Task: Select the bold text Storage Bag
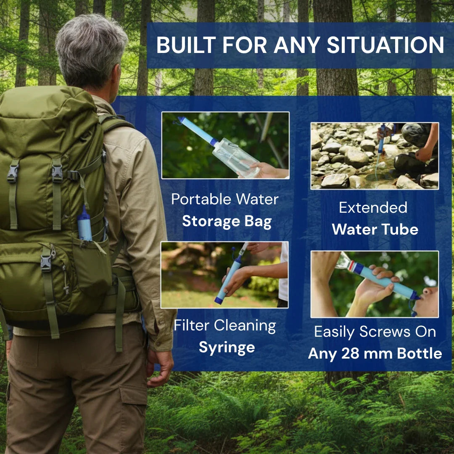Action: coord(227,222)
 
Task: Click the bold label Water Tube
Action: coord(375,230)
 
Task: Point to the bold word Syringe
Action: coord(227,347)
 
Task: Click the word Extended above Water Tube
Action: coord(373,207)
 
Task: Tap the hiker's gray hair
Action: coord(90,46)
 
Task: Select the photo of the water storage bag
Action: coord(225,145)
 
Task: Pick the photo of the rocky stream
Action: coord(375,156)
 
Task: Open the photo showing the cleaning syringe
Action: coord(224,275)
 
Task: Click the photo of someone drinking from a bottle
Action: coord(375,284)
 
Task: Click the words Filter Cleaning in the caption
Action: coord(225,325)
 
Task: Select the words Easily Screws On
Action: coord(375,332)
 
